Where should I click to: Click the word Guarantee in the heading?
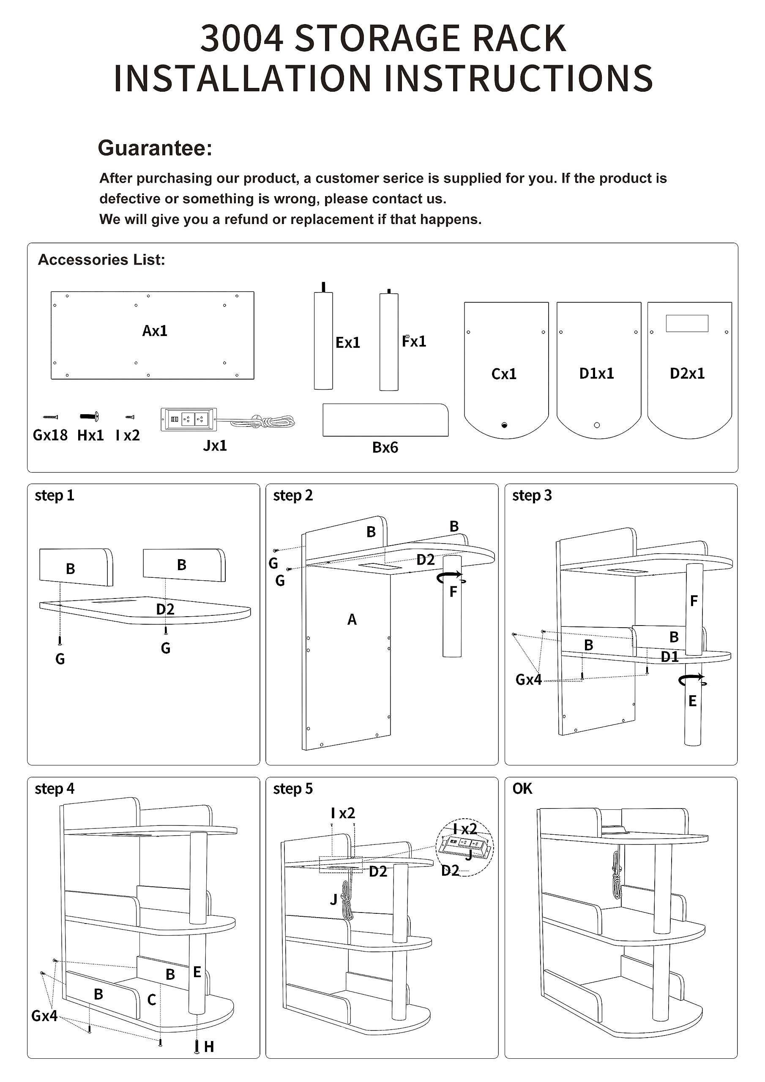click(155, 148)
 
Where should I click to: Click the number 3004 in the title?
click(242, 38)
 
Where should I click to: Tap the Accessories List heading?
click(101, 260)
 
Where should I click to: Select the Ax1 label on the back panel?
click(155, 331)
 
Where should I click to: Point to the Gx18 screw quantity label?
click(50, 435)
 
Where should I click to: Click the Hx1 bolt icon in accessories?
click(89, 417)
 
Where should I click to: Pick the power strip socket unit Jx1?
click(189, 419)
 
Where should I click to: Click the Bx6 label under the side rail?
click(385, 447)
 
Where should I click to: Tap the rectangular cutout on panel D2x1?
click(687, 323)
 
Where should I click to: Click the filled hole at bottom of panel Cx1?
click(504, 425)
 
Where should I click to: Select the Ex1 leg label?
click(347, 343)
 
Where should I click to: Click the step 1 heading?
click(54, 495)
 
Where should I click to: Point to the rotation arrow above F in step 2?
click(451, 577)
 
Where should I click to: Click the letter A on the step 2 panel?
click(352, 619)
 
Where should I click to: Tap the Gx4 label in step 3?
click(528, 680)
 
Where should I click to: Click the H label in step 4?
click(209, 1046)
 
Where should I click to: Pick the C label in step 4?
click(152, 1000)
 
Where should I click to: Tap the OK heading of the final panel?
click(522, 788)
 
